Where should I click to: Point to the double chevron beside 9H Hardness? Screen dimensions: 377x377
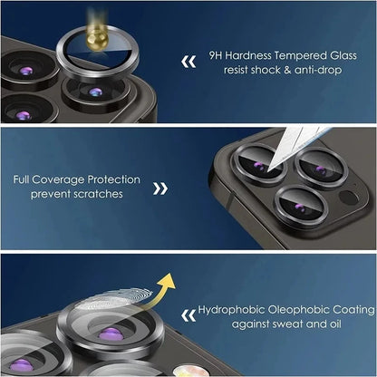[x=188, y=63]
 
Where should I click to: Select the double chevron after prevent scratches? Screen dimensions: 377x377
[x=159, y=188]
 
